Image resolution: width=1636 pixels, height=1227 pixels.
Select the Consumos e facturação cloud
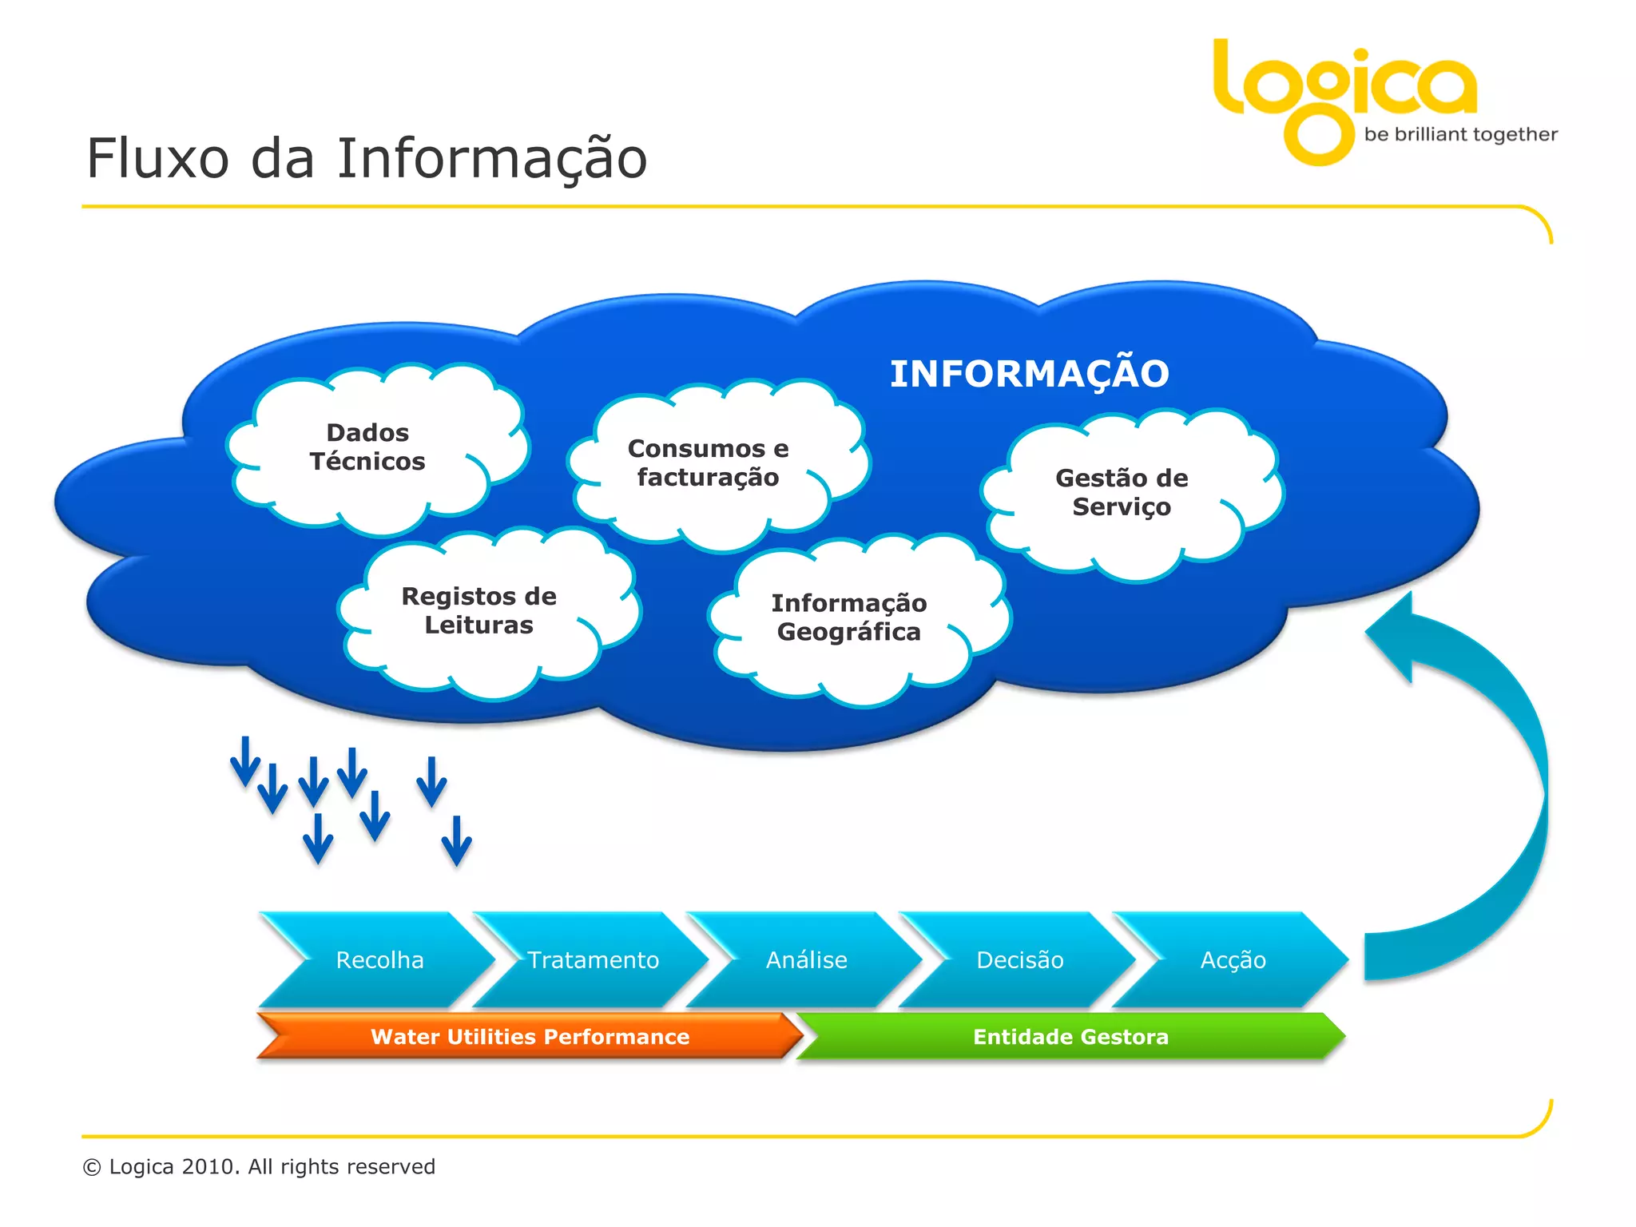click(x=708, y=463)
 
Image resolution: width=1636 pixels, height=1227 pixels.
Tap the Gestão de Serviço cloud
click(x=1122, y=493)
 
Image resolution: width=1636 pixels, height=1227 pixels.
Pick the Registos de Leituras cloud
click(x=478, y=611)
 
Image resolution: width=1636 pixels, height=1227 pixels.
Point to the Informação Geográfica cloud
click(x=848, y=617)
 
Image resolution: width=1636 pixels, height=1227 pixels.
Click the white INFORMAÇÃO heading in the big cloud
click(x=1029, y=374)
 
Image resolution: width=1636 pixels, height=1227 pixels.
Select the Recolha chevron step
click(x=379, y=959)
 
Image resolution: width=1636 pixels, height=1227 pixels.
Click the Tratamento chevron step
click(x=593, y=959)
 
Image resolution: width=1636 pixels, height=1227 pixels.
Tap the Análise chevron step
click(x=806, y=959)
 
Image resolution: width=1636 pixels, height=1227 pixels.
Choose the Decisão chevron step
click(x=1019, y=959)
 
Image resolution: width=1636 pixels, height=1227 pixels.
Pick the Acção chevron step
click(x=1233, y=959)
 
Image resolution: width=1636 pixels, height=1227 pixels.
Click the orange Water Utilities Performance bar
click(x=530, y=1036)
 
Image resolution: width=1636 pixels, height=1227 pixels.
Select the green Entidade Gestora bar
click(x=1070, y=1036)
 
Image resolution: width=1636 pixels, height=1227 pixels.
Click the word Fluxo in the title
click(x=158, y=158)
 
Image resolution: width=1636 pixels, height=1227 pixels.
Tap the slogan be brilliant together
click(x=1460, y=134)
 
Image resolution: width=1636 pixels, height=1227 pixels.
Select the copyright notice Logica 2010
click(x=259, y=1166)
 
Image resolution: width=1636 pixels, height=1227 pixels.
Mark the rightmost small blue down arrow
click(x=457, y=841)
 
